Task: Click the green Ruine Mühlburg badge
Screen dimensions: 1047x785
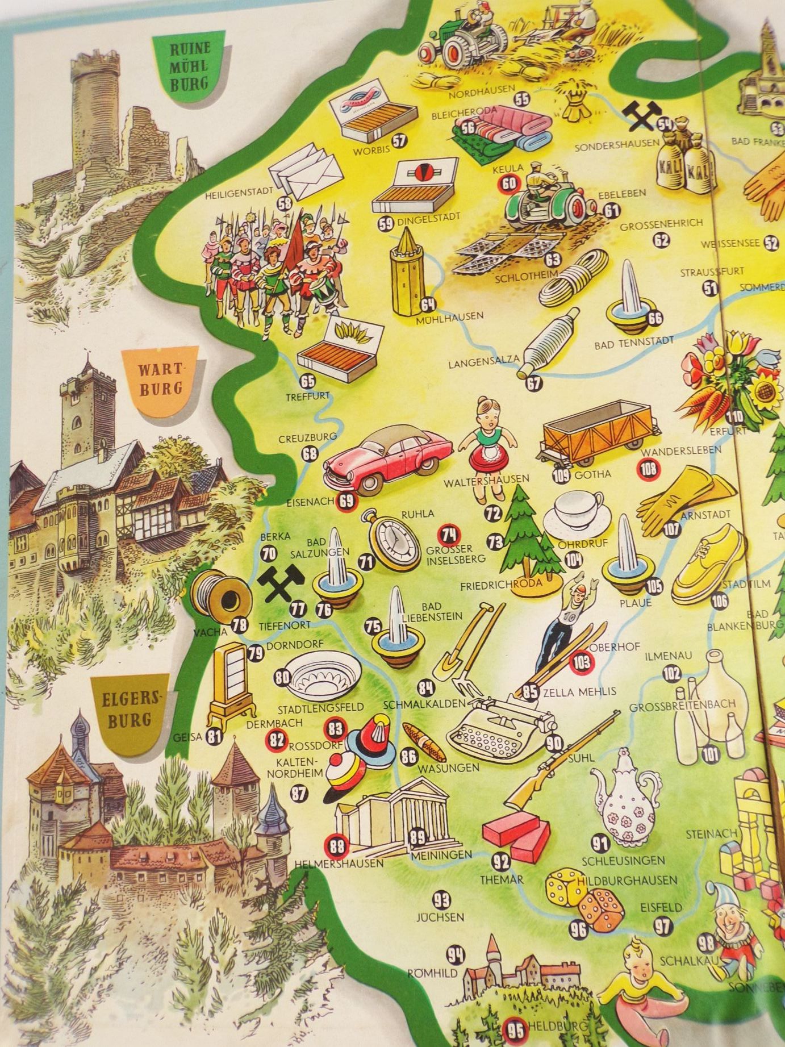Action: [x=190, y=66]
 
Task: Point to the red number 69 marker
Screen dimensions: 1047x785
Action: [x=345, y=500]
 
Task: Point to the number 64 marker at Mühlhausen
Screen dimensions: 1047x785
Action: [x=428, y=305]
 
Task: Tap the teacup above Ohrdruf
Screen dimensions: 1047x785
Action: [x=575, y=511]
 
